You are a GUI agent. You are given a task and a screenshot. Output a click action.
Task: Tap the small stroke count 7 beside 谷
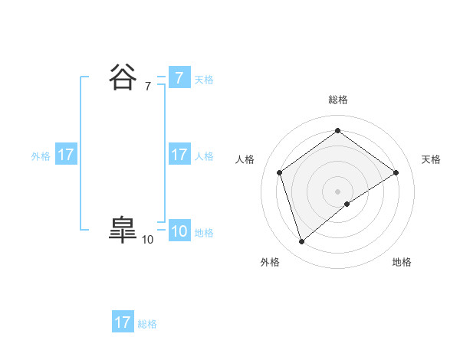[147, 87]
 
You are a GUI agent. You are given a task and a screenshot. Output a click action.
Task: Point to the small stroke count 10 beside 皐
[147, 240]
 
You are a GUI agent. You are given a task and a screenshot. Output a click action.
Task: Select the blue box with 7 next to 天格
[179, 78]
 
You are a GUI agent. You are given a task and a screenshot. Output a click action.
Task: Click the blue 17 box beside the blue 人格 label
[179, 155]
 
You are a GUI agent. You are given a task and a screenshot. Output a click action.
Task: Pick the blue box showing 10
[179, 231]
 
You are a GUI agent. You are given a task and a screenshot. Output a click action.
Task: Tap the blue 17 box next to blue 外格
[66, 155]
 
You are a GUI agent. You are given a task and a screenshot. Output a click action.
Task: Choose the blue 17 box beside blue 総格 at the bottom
[123, 322]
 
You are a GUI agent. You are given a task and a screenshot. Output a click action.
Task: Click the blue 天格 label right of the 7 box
[204, 80]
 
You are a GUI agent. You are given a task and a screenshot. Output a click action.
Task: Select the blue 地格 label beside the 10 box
[204, 233]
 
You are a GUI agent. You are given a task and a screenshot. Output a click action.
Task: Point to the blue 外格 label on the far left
[41, 156]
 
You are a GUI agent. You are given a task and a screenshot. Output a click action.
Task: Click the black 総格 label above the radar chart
[337, 100]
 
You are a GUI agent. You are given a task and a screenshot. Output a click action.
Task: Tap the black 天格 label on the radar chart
[431, 159]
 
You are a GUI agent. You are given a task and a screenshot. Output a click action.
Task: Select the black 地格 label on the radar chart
[402, 263]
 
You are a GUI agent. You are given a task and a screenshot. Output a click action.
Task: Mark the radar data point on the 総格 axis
[337, 130]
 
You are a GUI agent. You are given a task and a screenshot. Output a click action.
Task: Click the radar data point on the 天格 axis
[396, 172]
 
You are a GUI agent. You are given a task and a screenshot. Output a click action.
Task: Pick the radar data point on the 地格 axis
[347, 204]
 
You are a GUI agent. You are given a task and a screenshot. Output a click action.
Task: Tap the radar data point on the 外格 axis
[301, 242]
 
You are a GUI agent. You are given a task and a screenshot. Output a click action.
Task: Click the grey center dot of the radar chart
[337, 191]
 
